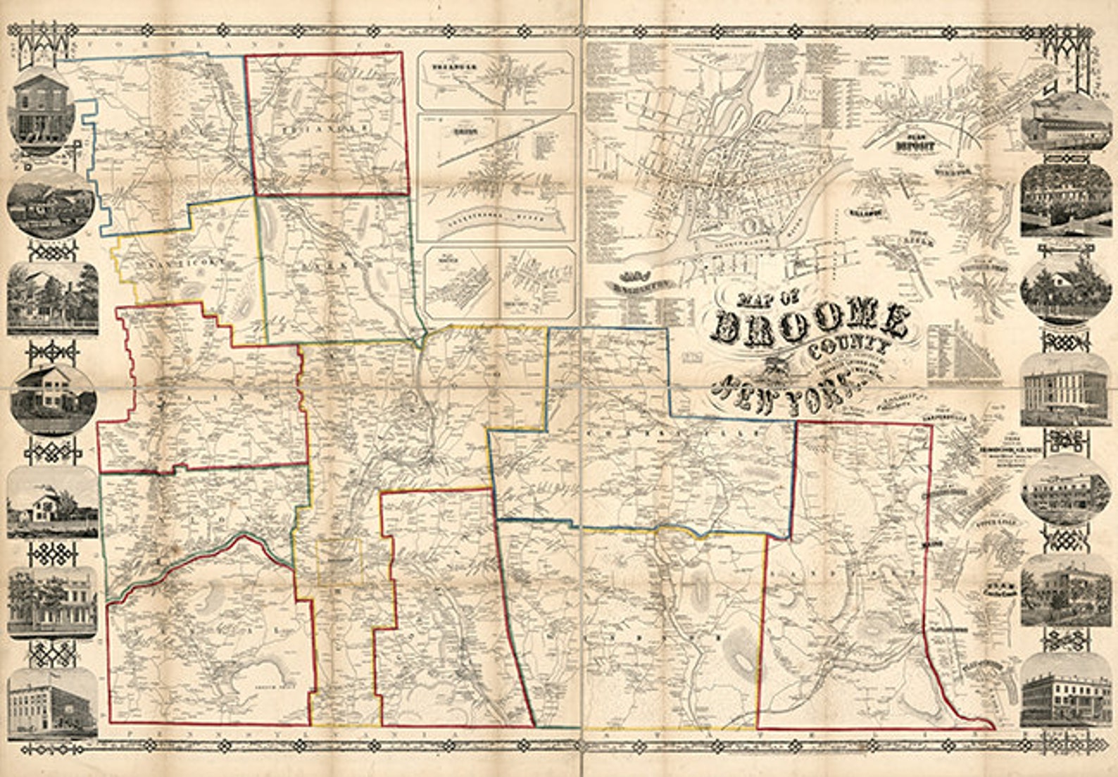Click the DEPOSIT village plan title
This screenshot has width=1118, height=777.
pyautogui.click(x=915, y=147)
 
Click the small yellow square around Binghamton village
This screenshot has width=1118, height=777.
pyautogui.click(x=339, y=562)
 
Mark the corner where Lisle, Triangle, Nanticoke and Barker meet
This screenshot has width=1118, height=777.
pyautogui.click(x=254, y=195)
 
